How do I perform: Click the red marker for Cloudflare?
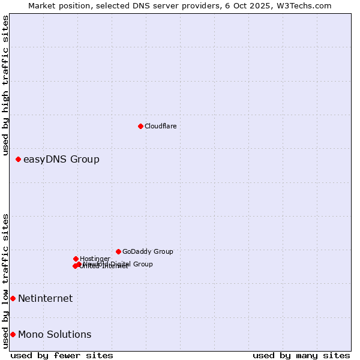click(x=140, y=126)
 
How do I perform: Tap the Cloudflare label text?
click(x=161, y=126)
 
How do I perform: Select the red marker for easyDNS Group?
click(x=19, y=159)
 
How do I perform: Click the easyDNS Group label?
click(x=61, y=159)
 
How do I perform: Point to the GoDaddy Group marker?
click(x=118, y=251)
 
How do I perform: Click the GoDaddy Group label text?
click(x=148, y=251)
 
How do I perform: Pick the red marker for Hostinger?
click(x=76, y=259)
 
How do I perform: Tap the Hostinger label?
click(x=95, y=259)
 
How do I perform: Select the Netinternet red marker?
click(x=13, y=298)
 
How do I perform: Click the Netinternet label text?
click(x=45, y=298)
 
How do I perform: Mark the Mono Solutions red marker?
click(x=13, y=334)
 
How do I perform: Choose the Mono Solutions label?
click(x=55, y=334)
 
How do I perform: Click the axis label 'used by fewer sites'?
click(x=62, y=355)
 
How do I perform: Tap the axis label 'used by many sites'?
click(x=301, y=355)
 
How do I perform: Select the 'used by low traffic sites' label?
click(x=6, y=281)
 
